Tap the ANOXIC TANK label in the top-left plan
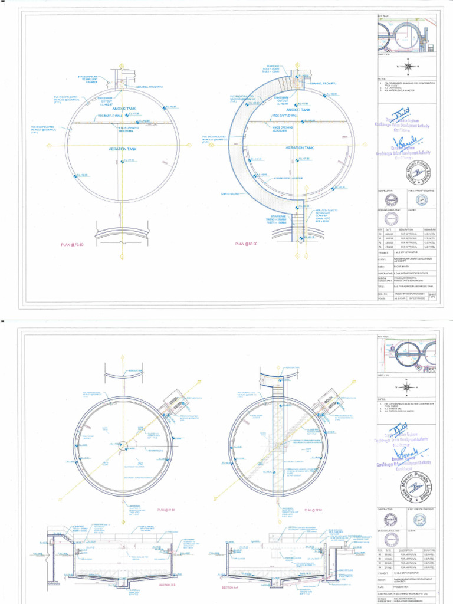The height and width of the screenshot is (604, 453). (123, 108)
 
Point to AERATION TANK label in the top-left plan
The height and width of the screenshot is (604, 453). (123, 150)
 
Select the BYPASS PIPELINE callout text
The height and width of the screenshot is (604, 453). (90, 79)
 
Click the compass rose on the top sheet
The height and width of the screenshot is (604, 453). (407, 66)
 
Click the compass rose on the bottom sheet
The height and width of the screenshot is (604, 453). (406, 387)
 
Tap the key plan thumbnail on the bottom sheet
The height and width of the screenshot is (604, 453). (406, 354)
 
